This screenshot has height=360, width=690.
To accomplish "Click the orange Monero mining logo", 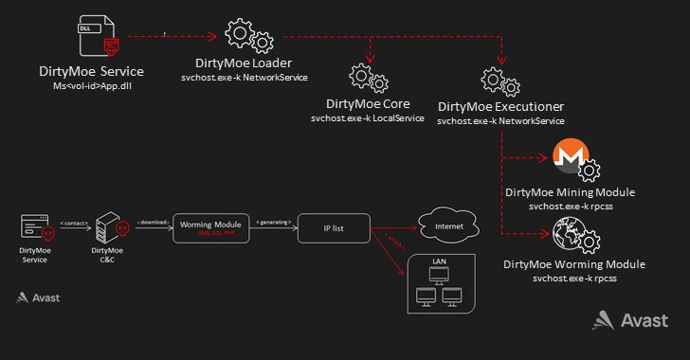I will point(569,158).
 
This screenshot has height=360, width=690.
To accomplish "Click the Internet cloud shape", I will point(447,227).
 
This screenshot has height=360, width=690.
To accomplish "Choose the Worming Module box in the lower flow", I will point(210,227).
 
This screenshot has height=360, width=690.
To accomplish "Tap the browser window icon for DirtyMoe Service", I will point(34,226).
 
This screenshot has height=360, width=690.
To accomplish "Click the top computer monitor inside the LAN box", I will point(439,274).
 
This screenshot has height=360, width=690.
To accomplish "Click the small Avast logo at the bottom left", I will point(38,297).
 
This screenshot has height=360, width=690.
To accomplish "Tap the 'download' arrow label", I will point(152,221).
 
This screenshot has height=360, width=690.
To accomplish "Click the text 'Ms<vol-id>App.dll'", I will point(91,86).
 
